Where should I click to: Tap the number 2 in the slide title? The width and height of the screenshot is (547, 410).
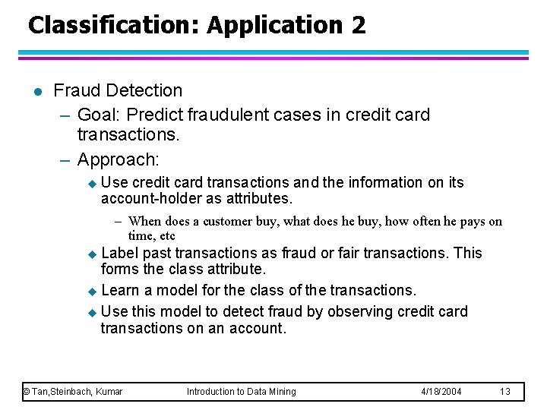358,25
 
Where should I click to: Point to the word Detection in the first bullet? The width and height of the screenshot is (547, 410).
144,90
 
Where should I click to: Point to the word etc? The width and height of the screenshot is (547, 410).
166,235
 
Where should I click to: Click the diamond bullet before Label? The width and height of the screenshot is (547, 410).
93,254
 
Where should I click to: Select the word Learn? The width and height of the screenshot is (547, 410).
119,290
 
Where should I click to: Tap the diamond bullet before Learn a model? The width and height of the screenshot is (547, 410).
93,291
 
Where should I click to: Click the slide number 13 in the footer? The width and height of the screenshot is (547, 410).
505,392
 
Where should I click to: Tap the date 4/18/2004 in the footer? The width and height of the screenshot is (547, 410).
441,392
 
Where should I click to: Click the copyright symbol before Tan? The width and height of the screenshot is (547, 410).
26,392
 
